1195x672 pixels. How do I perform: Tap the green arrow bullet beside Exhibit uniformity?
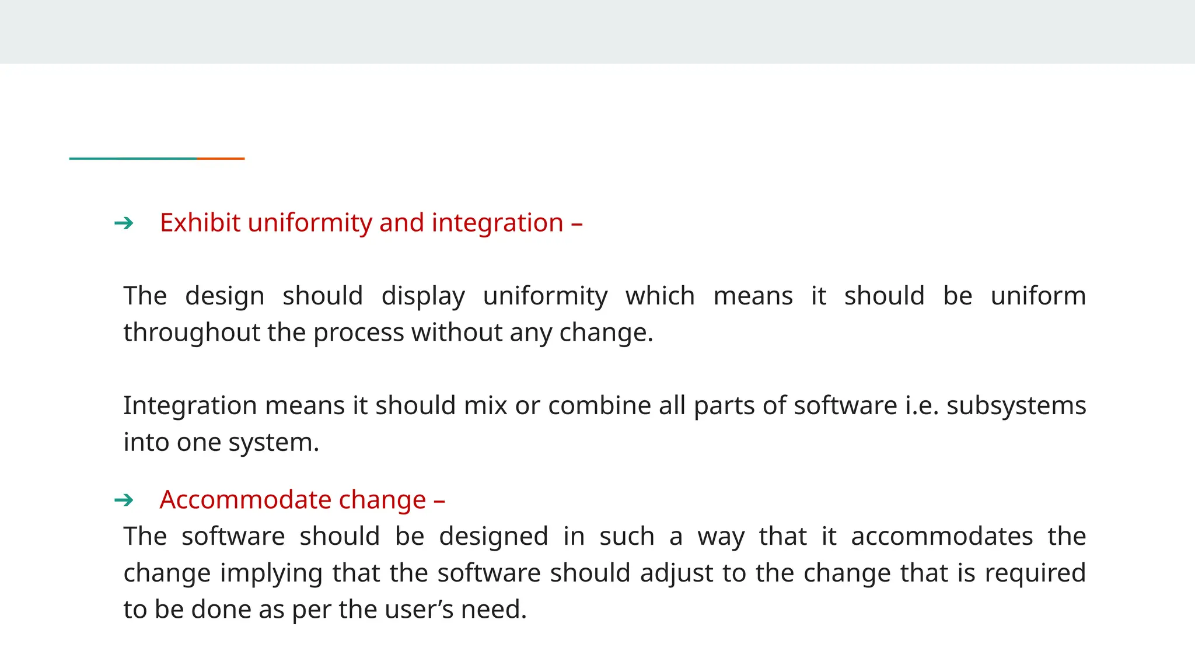[x=124, y=223]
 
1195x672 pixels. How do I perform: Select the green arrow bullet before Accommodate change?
[x=124, y=500]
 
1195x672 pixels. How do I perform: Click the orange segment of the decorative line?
[x=221, y=158]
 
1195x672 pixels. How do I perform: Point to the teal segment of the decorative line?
[x=133, y=158]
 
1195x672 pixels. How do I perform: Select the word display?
[x=423, y=297]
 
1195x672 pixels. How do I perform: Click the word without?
[x=456, y=333]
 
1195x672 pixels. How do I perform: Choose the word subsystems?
[x=1016, y=405]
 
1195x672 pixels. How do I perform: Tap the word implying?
[x=271, y=573]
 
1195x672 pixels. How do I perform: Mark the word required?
[x=1035, y=573]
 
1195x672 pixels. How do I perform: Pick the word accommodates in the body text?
[x=942, y=537]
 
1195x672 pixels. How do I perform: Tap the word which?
[x=660, y=296]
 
